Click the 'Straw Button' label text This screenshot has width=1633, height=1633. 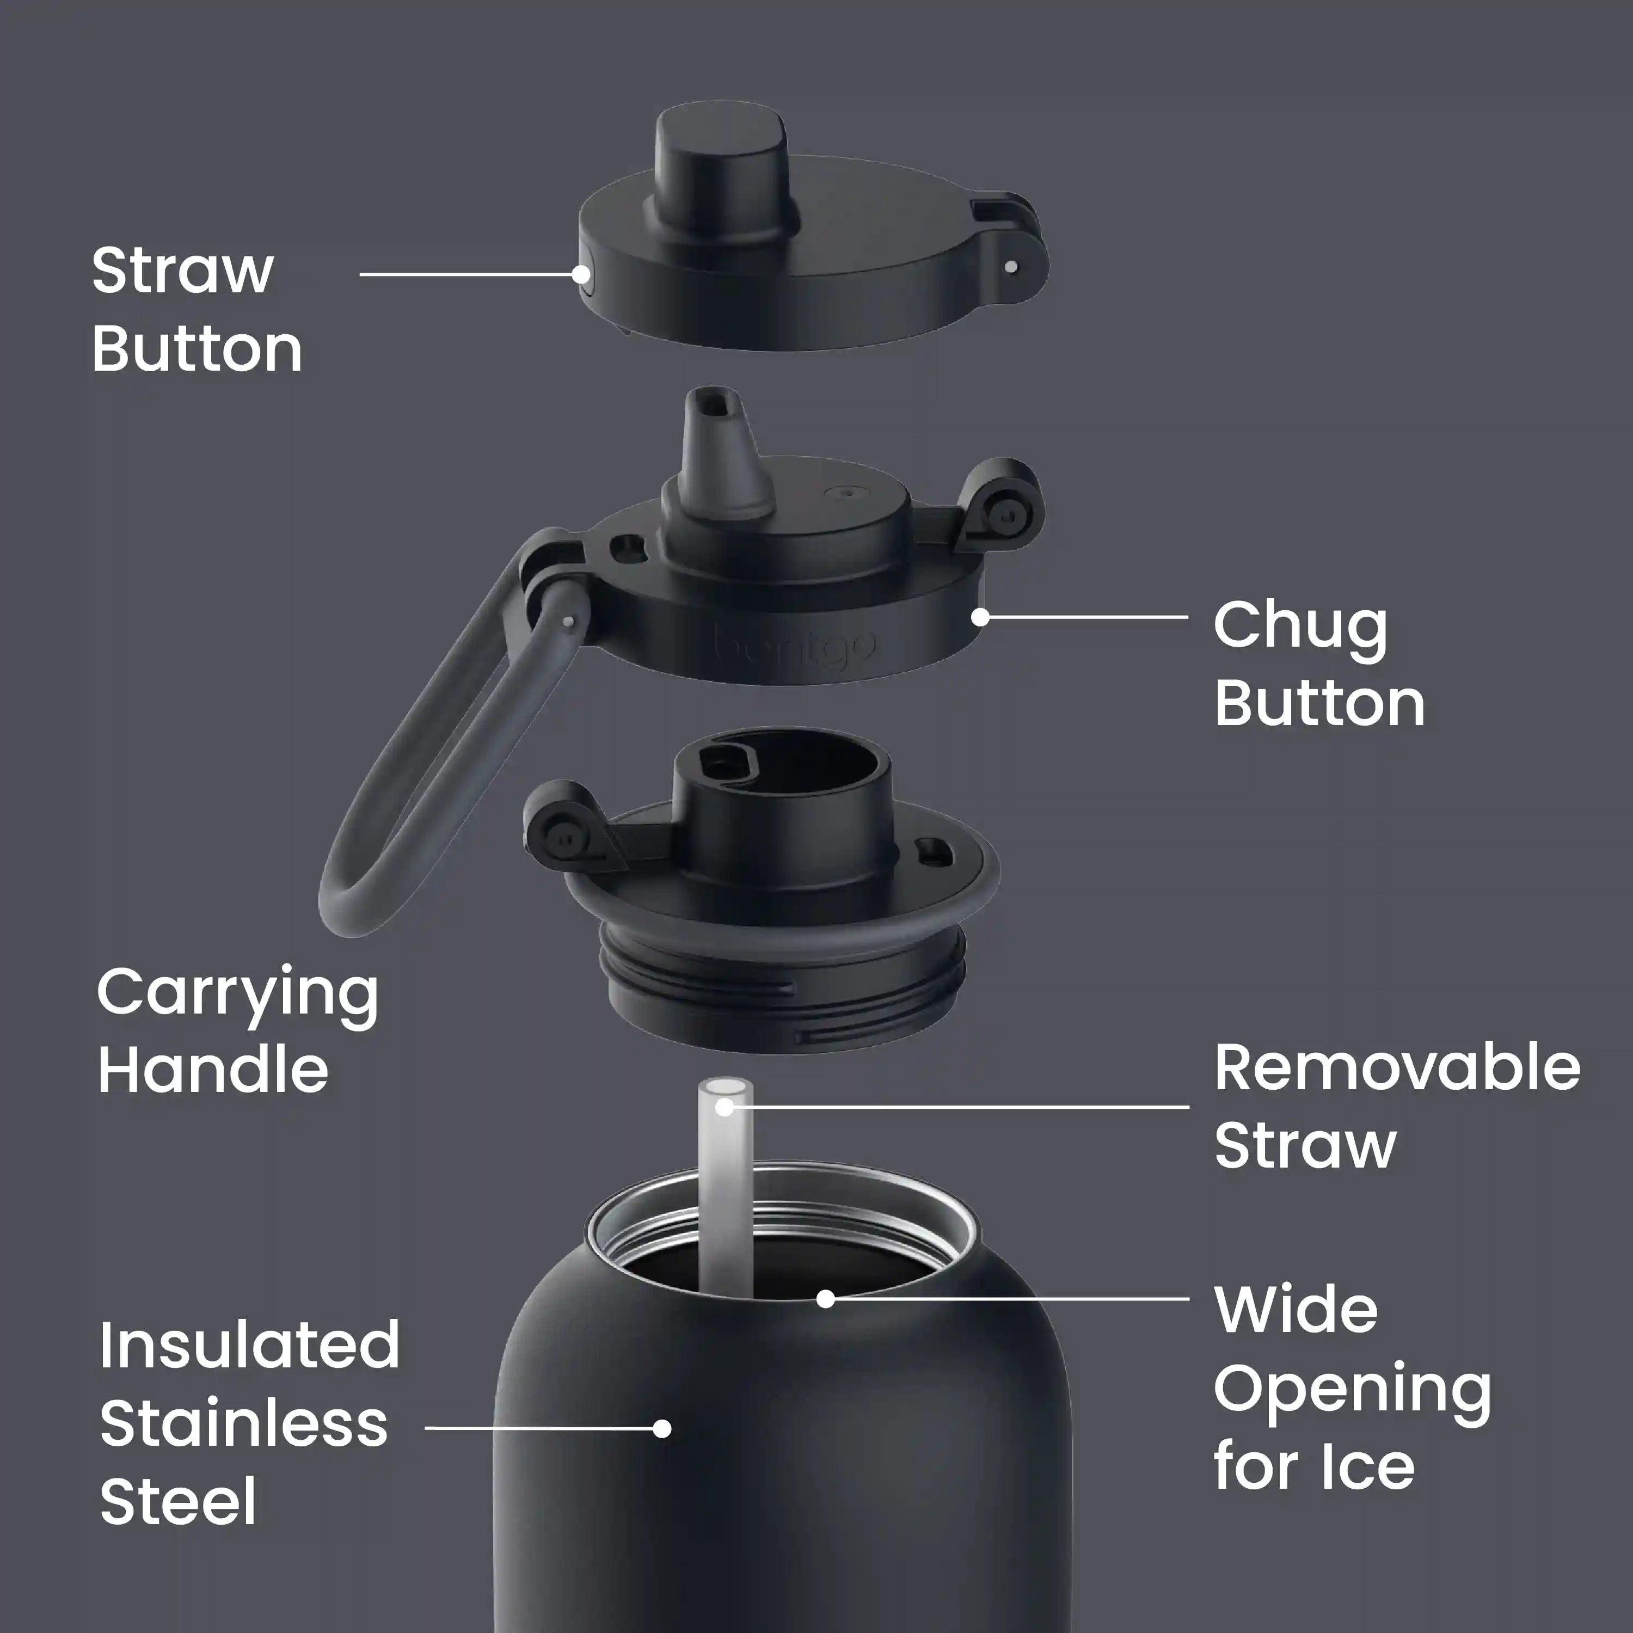point(196,309)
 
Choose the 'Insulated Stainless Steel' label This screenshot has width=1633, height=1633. point(249,1424)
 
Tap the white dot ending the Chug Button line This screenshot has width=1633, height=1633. point(980,617)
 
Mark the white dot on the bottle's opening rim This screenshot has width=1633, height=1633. point(826,1298)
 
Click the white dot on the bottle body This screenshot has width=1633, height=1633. point(662,1428)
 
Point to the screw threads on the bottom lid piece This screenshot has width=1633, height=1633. point(782,989)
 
